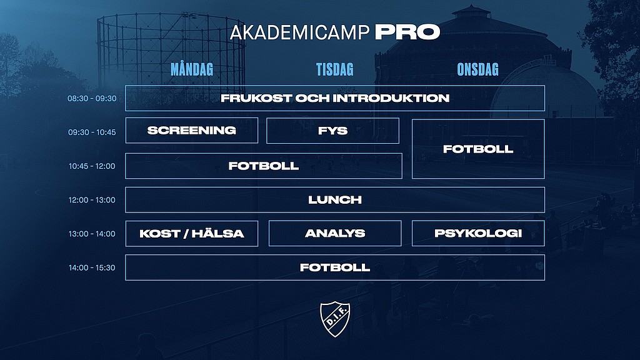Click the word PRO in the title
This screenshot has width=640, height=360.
[407, 32]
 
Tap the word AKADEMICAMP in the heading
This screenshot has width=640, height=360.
[299, 32]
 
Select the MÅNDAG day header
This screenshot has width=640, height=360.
[192, 69]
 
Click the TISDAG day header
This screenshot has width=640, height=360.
[335, 69]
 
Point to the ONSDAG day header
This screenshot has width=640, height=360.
[478, 69]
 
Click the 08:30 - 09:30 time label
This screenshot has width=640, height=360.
[92, 98]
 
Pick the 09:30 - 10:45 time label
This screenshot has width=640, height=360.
[92, 132]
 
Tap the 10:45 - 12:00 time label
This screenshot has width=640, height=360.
[92, 166]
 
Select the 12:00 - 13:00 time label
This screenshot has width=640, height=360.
[92, 200]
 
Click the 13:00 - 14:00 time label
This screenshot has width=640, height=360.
[92, 234]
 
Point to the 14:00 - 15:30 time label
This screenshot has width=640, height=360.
[92, 267]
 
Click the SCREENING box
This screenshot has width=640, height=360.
[192, 131]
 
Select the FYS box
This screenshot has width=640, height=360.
[332, 131]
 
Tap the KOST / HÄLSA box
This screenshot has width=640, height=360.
[192, 234]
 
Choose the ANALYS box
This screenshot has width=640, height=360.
[335, 234]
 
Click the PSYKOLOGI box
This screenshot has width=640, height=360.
[478, 234]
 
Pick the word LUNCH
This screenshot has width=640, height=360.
[335, 200]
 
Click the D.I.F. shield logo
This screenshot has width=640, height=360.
[335, 319]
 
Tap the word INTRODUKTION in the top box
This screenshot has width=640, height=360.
[391, 98]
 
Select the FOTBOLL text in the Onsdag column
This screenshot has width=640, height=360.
[478, 149]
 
